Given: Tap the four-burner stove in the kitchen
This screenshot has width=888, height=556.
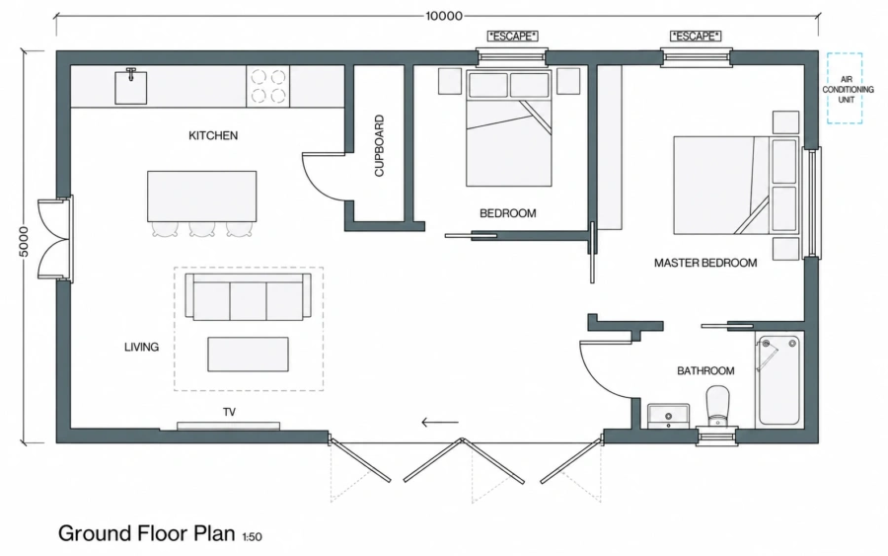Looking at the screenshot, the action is click(267, 86).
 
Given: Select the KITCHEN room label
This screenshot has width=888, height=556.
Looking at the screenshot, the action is click(213, 135).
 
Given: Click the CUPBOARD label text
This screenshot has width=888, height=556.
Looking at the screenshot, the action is click(380, 145).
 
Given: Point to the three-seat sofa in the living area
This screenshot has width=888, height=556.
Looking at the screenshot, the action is click(249, 297).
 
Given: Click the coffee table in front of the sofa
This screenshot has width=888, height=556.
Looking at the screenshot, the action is click(248, 355).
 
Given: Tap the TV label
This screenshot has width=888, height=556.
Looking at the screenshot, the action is click(229, 412).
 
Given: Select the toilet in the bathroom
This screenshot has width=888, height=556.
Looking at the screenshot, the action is click(718, 405).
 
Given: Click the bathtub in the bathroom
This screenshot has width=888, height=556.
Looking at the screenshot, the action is click(779, 380).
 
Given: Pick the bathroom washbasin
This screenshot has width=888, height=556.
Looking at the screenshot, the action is click(669, 416).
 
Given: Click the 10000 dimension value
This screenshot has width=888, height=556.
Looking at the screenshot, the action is click(444, 16).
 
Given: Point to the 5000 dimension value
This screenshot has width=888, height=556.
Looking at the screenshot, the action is click(24, 241).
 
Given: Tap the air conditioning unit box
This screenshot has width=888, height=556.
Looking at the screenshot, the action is click(845, 88).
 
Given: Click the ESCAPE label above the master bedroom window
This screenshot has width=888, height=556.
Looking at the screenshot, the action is click(696, 37).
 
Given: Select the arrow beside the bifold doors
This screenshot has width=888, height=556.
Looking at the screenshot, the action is click(440, 423).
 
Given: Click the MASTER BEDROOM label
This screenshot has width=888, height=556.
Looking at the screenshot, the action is click(705, 263).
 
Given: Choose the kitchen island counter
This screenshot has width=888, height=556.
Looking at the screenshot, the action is click(201, 197).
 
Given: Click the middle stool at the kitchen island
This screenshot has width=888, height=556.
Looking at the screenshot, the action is click(201, 229).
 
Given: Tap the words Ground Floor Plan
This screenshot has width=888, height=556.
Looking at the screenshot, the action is click(147, 533).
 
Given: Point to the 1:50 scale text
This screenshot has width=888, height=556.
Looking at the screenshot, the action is click(252, 536).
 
